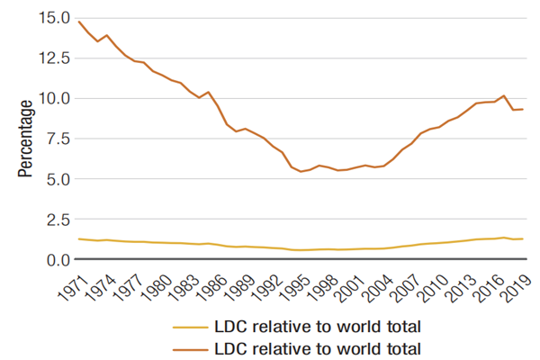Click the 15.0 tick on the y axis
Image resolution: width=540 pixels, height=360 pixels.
click(52, 18)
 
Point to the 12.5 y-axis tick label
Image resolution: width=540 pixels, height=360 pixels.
click(52, 58)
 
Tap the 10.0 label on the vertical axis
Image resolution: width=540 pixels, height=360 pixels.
click(52, 98)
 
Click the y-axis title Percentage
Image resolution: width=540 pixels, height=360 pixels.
click(25, 139)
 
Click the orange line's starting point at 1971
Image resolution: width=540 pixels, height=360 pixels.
click(79, 22)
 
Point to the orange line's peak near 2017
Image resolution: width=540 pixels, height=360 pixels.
click(505, 95)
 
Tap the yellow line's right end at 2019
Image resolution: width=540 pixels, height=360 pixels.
click(522, 238)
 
